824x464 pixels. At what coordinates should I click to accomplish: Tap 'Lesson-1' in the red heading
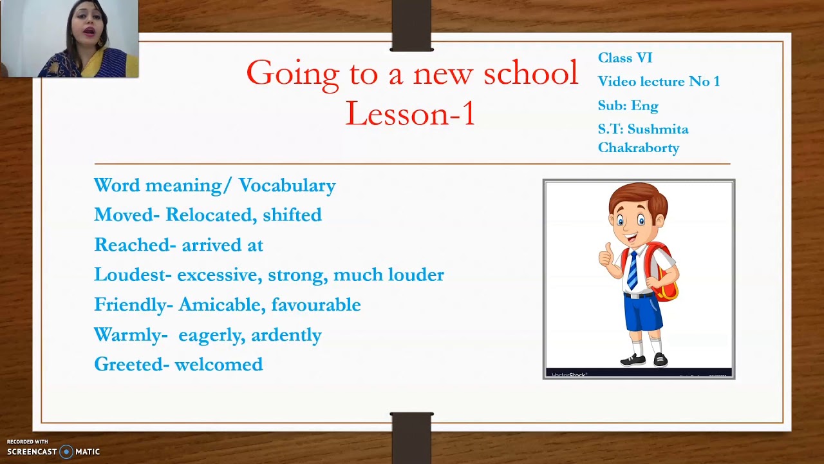coord(411,113)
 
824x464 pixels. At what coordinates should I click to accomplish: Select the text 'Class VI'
coord(625,58)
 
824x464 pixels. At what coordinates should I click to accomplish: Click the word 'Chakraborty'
coord(639,148)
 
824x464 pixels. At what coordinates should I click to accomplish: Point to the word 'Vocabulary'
coord(287,186)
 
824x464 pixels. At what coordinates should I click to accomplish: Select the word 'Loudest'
coord(133,275)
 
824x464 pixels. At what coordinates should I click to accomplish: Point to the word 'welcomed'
coord(219,364)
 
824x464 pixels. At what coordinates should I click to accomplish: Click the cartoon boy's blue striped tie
coord(633,270)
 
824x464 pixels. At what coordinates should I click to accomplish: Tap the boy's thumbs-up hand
coord(607,255)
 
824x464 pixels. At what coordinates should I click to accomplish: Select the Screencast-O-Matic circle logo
coord(66,452)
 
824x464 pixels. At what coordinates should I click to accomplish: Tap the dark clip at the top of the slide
coord(411,25)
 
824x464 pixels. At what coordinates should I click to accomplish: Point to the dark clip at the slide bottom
coord(411,438)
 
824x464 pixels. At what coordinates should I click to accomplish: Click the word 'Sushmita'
coord(658,130)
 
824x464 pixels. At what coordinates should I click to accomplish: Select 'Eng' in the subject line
coord(645,106)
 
